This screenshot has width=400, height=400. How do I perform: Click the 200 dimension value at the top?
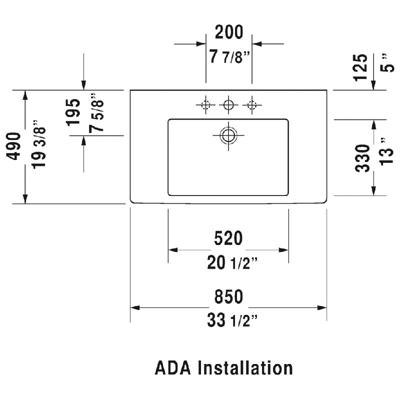pos(229,32)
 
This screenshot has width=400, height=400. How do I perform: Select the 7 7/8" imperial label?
pos(229,56)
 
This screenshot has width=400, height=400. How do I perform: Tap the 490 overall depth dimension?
pos(13,146)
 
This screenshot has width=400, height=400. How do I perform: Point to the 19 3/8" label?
pos(39,144)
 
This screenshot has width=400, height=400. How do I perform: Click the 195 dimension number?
pos(73,112)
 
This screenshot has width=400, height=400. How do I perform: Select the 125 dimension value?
pos(360,67)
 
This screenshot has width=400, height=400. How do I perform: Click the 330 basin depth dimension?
pos(362,158)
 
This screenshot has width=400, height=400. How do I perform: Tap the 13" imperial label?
pos(387,152)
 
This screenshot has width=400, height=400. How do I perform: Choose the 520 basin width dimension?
pos(228,238)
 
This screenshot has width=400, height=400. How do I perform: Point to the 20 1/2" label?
pos(232,263)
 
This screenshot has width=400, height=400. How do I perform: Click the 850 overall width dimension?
pos(228,296)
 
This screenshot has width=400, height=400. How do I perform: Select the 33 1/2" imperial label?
pos(232,320)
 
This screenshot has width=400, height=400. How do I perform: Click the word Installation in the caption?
pos(245,367)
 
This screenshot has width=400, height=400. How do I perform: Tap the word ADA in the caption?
pos(172,367)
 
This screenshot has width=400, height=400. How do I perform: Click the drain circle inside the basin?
pos(228,135)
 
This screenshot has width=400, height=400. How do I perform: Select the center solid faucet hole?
pos(228,105)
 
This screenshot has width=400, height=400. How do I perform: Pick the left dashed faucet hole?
pos(205,105)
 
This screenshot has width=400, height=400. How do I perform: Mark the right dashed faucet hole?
pos(252,105)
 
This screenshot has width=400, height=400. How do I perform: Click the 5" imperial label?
pos(387,64)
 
